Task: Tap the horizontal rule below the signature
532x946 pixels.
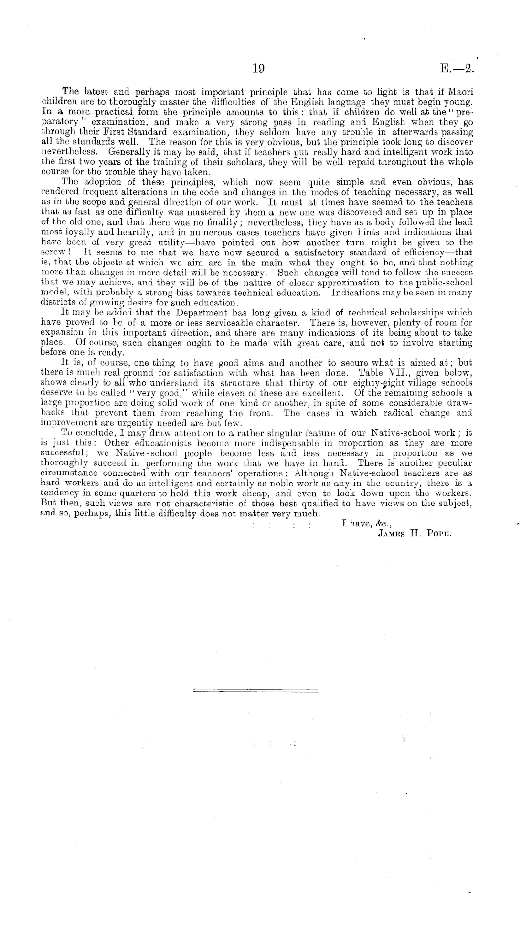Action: coord(255,690)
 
